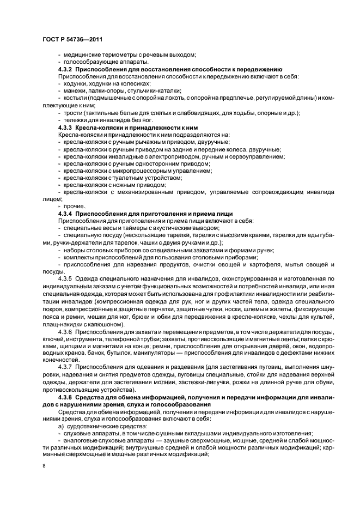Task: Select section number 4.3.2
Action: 65,70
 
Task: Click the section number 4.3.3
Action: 65,126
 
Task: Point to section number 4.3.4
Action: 65,213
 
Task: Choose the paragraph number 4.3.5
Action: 65,277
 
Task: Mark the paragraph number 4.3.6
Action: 65,331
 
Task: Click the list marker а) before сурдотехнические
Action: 60,424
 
